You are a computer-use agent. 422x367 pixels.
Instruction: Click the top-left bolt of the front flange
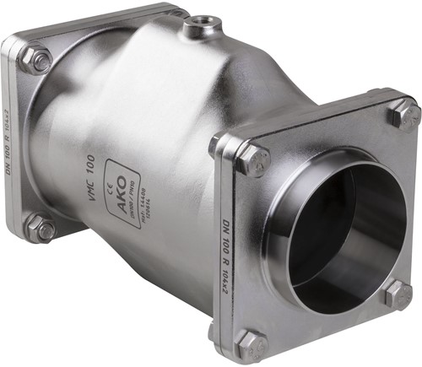click(252, 159)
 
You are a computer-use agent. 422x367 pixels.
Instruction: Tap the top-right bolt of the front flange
click(403, 114)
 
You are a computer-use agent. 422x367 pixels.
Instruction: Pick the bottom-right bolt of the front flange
click(398, 294)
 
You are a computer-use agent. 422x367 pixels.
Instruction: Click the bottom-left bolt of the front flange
click(251, 343)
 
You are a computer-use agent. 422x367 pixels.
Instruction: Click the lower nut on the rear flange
click(39, 228)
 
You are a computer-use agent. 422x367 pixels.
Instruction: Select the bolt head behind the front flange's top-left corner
click(218, 145)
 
